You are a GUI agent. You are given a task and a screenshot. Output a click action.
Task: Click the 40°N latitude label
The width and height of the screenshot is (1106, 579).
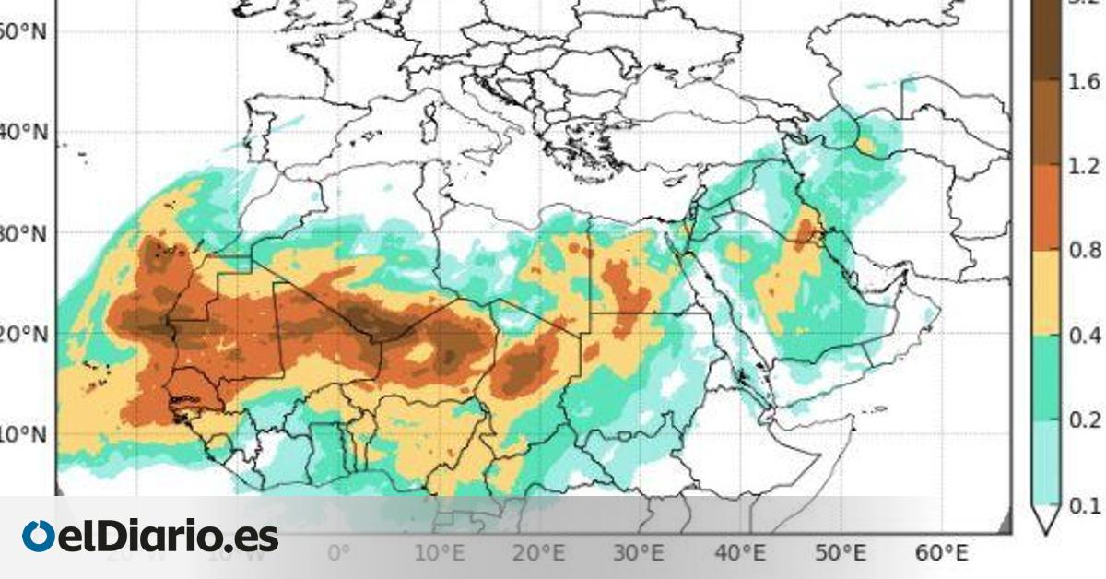(x=23, y=133)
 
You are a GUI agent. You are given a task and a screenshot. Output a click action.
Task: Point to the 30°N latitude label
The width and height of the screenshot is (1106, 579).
(x=23, y=233)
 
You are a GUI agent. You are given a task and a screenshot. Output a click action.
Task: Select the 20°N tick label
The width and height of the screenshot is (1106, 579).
(x=23, y=334)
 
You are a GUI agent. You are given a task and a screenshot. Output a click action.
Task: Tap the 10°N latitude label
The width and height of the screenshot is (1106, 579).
(x=23, y=434)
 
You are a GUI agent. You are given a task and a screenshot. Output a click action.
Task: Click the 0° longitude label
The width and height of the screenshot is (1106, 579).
(x=339, y=553)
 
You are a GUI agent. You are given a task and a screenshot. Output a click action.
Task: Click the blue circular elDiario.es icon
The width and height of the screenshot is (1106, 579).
(x=39, y=537)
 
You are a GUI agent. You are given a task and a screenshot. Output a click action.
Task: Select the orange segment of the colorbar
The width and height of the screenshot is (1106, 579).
(x=1047, y=208)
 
